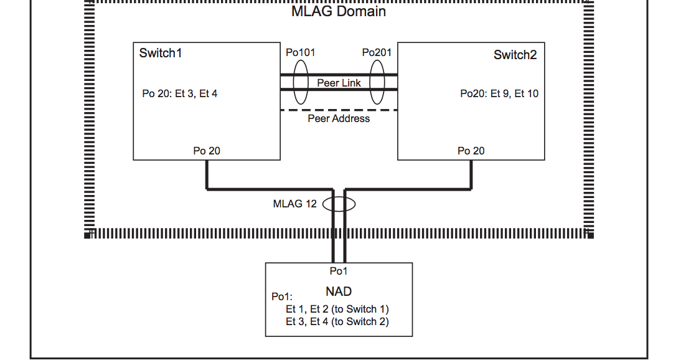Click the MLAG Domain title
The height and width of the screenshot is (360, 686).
coord(339,11)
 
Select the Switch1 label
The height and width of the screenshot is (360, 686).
coord(161,53)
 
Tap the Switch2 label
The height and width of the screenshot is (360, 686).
coord(515,55)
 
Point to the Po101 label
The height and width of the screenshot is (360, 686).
coord(300,52)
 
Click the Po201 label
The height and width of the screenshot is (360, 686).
coord(377,52)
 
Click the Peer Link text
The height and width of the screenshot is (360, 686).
coord(339,83)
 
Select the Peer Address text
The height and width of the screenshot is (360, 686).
coord(339,118)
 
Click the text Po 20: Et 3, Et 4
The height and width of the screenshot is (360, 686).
coord(180,94)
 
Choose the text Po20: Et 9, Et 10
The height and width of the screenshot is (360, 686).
coord(499,94)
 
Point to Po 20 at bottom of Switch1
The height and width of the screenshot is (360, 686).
coord(207,151)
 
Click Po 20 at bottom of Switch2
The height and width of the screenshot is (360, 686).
coord(471,151)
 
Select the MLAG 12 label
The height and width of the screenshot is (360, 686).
coord(295,204)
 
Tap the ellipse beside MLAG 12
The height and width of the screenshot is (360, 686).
coord(339,204)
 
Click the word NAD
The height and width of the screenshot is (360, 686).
coord(339,291)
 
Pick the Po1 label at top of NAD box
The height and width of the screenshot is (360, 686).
coord(339,271)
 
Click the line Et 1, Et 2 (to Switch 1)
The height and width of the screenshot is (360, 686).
coord(337,309)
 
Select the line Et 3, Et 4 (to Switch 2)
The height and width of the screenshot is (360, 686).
coord(337,321)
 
